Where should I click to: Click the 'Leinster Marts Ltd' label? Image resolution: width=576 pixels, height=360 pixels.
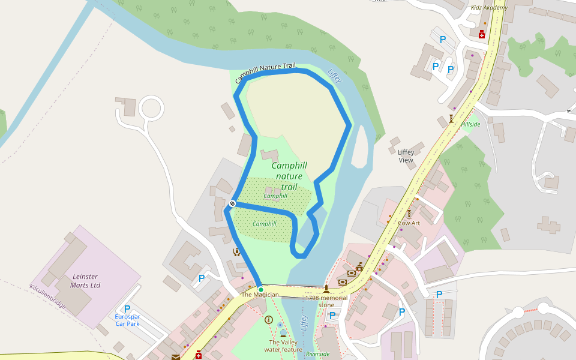(85, 280)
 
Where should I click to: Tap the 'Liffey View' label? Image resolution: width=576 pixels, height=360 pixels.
(406, 156)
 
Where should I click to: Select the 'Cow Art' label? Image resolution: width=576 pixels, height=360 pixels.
(409, 223)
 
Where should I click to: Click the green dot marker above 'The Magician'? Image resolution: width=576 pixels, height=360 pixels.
(260, 289)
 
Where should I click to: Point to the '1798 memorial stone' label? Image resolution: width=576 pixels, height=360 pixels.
(326, 301)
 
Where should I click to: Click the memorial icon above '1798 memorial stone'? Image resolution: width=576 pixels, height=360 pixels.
(326, 289)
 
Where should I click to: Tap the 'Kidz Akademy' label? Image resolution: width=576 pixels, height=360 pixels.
(489, 7)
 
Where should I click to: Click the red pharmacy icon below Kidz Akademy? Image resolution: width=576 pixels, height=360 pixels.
(481, 34)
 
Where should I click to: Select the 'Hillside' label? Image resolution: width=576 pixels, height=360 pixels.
(470, 124)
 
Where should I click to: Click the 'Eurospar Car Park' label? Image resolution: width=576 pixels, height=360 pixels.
(127, 320)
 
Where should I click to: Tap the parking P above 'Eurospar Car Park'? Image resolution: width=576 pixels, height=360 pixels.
(127, 308)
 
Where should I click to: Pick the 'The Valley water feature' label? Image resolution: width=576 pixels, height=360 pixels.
(283, 346)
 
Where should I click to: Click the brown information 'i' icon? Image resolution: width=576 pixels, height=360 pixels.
(268, 320)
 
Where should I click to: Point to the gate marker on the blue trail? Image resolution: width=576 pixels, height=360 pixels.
(232, 203)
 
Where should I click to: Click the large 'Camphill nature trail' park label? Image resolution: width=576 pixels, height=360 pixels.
(289, 176)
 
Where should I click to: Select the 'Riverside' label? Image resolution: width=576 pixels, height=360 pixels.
(317, 354)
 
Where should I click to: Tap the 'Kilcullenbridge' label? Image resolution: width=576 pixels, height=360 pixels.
(47, 296)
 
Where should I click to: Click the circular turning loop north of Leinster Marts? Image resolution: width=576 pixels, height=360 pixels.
(151, 109)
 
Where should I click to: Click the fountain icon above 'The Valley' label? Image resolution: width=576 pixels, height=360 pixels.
(283, 332)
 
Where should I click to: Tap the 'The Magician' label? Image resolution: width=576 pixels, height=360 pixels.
(260, 295)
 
